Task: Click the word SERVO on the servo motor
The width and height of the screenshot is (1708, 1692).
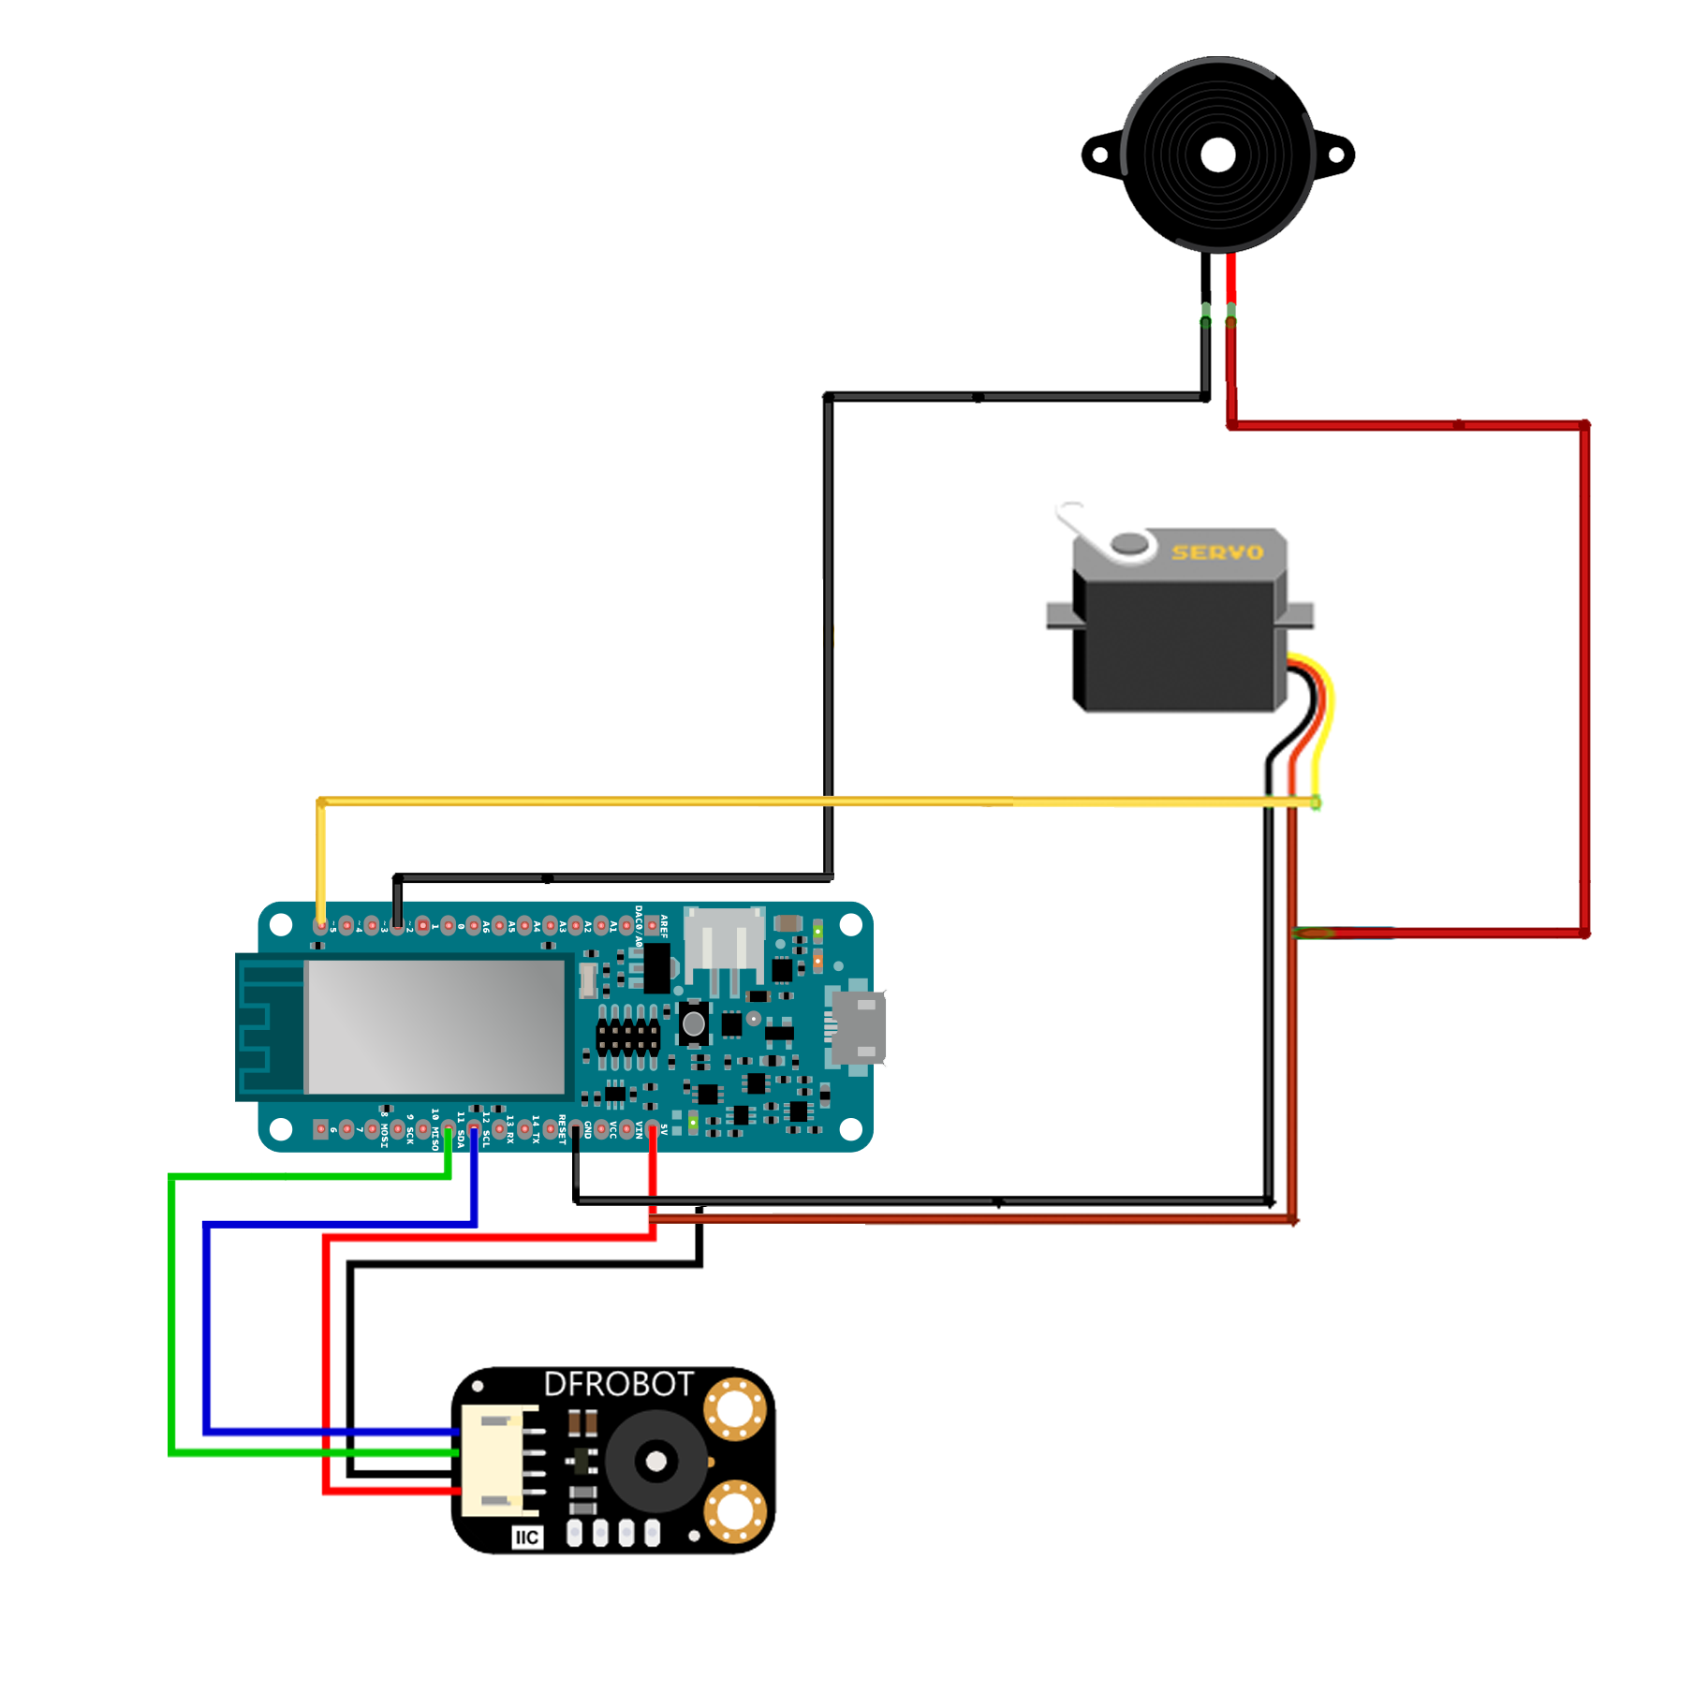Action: pos(1216,552)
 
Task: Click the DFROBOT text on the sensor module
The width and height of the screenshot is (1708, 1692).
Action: pos(618,1383)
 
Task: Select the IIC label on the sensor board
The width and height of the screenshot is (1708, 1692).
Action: pos(526,1537)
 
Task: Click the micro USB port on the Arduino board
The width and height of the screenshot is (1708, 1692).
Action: pos(856,1027)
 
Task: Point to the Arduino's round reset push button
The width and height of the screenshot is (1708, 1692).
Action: pos(693,1023)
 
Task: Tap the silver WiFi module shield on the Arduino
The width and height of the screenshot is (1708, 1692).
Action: pos(435,1026)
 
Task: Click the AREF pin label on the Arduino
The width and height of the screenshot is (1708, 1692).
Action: pos(664,926)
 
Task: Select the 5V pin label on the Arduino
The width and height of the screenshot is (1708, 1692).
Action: pos(664,1130)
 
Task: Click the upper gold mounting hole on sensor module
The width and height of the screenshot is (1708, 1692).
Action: pos(735,1407)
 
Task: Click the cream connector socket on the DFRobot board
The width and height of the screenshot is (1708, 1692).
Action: pos(502,1461)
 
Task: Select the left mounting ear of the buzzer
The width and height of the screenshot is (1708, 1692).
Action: pos(1101,155)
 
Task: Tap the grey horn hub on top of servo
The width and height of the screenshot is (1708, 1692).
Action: pos(1128,543)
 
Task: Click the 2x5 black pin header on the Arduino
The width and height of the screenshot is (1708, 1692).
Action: pos(627,1037)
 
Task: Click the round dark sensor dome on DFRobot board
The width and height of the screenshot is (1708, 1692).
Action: pos(655,1461)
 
